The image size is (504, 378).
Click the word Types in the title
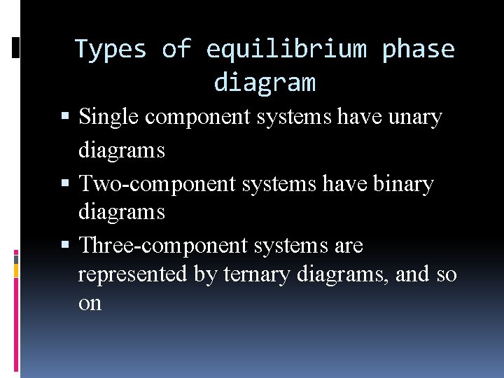(110, 50)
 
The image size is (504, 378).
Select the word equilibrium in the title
(286, 50)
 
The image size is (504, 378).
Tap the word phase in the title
(418, 50)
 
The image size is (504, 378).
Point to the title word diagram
(265, 83)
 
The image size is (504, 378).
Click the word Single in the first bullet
(109, 118)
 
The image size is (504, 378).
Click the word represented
(132, 274)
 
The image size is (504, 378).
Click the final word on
(90, 303)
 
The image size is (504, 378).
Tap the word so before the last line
(446, 274)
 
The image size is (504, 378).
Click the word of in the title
(176, 50)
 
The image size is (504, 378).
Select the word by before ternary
(205, 274)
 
